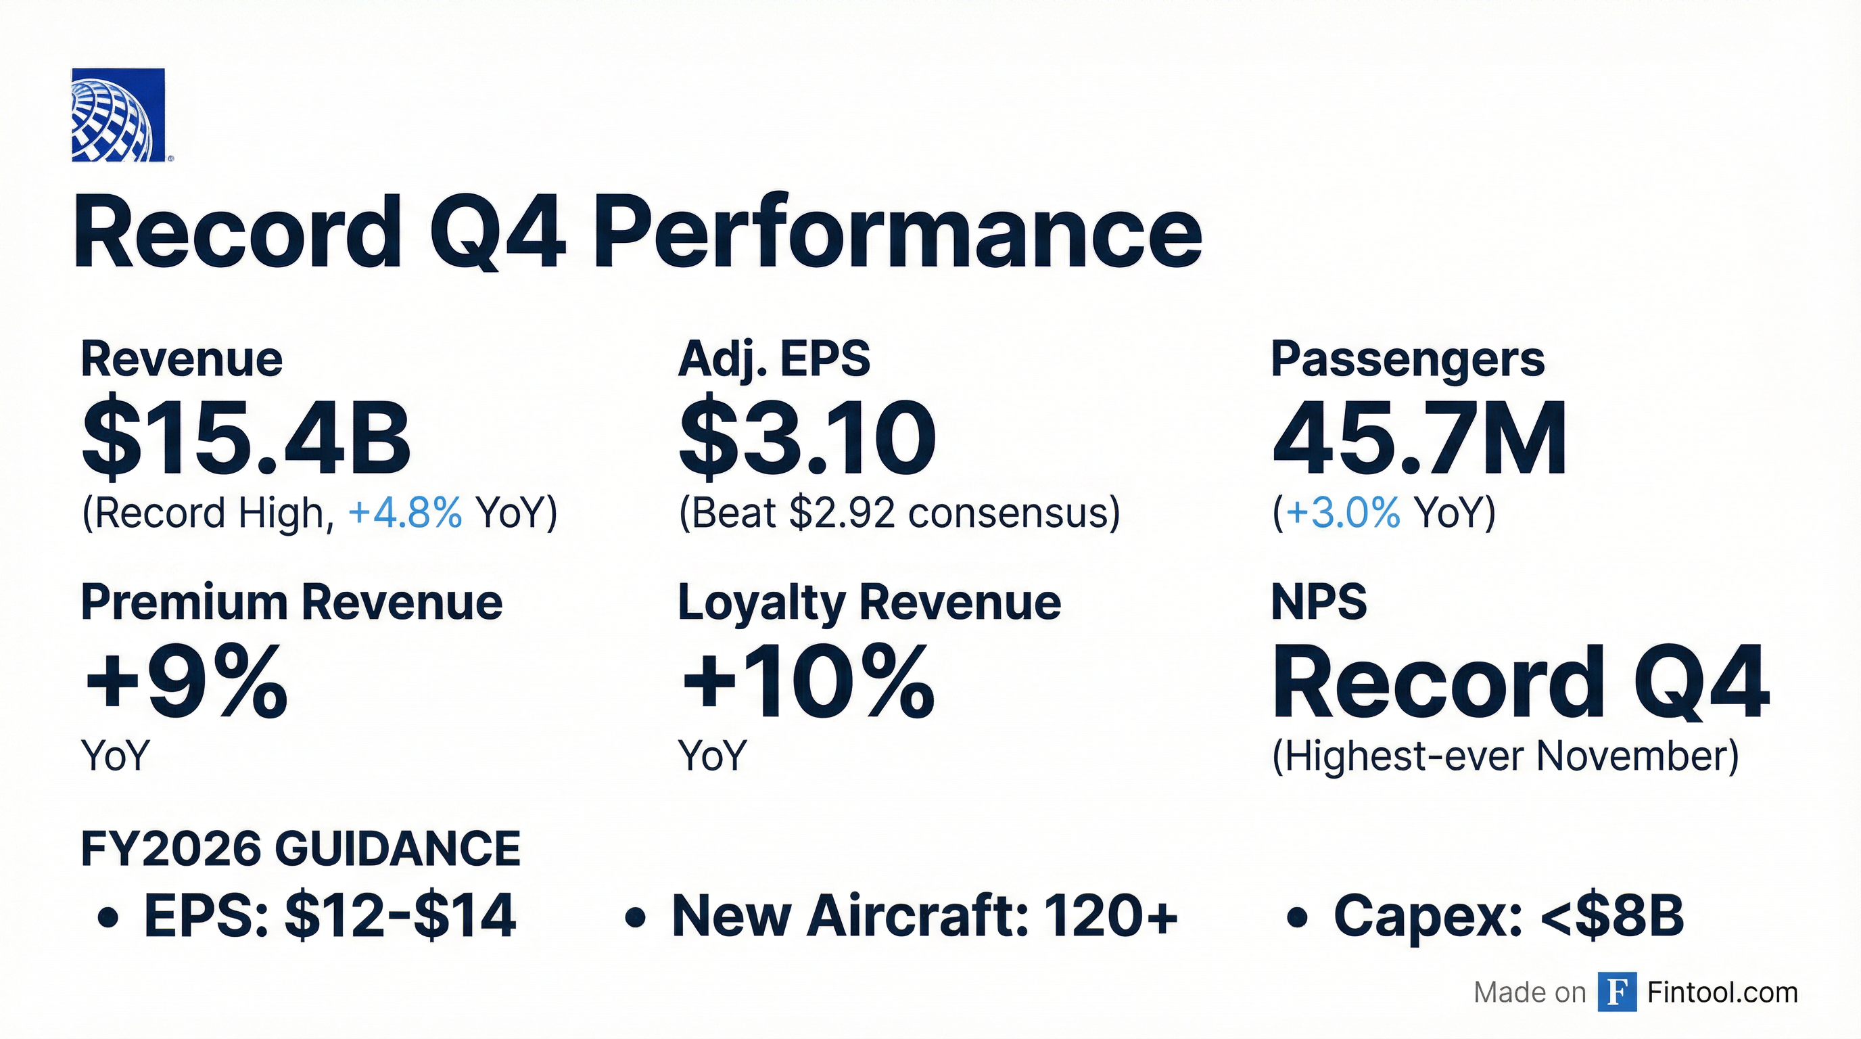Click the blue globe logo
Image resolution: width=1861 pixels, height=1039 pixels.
(x=118, y=115)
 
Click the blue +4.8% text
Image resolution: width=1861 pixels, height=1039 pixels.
(x=404, y=513)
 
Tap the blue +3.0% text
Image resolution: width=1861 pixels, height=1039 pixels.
(x=1342, y=513)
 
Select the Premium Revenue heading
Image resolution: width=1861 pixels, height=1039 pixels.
(x=292, y=602)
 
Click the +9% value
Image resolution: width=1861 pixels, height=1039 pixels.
(x=186, y=682)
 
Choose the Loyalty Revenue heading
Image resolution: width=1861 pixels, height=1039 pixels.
(x=869, y=602)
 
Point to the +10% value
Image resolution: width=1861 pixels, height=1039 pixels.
(x=807, y=682)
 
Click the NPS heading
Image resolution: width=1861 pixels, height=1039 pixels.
(x=1319, y=602)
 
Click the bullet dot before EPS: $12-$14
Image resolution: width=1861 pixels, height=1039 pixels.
(x=108, y=918)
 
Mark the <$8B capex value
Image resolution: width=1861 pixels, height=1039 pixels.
(x=1611, y=915)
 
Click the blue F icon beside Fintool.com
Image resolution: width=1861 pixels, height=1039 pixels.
(x=1617, y=992)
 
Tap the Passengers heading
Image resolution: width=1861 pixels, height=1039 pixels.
(x=1407, y=359)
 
